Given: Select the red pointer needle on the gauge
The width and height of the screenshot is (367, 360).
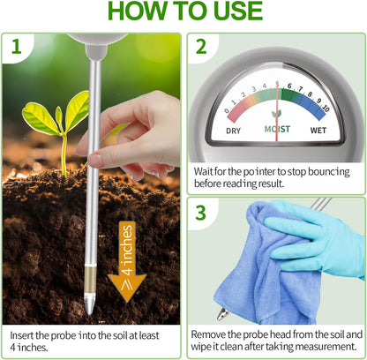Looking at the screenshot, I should tap(277, 101).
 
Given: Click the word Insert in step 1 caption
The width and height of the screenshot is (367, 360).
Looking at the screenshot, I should tap(25, 335).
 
